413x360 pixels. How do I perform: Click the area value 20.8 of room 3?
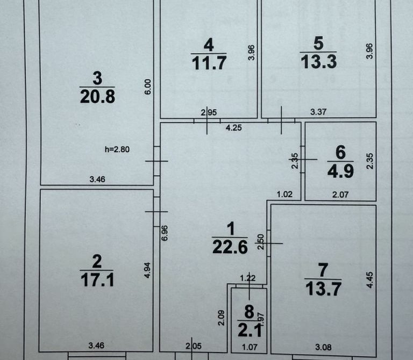tap(97, 97)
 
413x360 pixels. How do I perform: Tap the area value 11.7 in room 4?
tap(209, 63)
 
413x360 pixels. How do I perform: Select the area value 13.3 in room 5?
tap(319, 62)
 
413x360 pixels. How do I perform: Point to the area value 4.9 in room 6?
tap(340, 171)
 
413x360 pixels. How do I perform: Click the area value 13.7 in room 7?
tap(323, 289)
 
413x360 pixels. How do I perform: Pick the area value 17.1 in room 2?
tap(97, 279)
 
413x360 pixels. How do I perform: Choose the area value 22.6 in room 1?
tap(230, 247)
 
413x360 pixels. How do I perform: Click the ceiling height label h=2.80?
tap(117, 149)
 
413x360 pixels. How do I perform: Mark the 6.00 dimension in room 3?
tap(148, 87)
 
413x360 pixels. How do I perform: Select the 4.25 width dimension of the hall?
tap(233, 128)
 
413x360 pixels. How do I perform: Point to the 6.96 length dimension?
tap(165, 233)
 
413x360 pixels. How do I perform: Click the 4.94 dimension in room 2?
tap(147, 270)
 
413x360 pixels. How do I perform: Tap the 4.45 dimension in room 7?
tap(370, 280)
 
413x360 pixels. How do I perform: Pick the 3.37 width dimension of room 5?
tap(318, 112)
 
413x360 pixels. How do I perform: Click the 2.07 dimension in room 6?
tap(340, 195)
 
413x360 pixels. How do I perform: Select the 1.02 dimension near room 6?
tap(284, 194)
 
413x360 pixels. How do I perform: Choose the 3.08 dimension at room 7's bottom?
tap(323, 347)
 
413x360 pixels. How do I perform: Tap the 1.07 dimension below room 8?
tap(250, 347)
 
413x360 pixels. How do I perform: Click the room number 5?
tap(318, 43)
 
